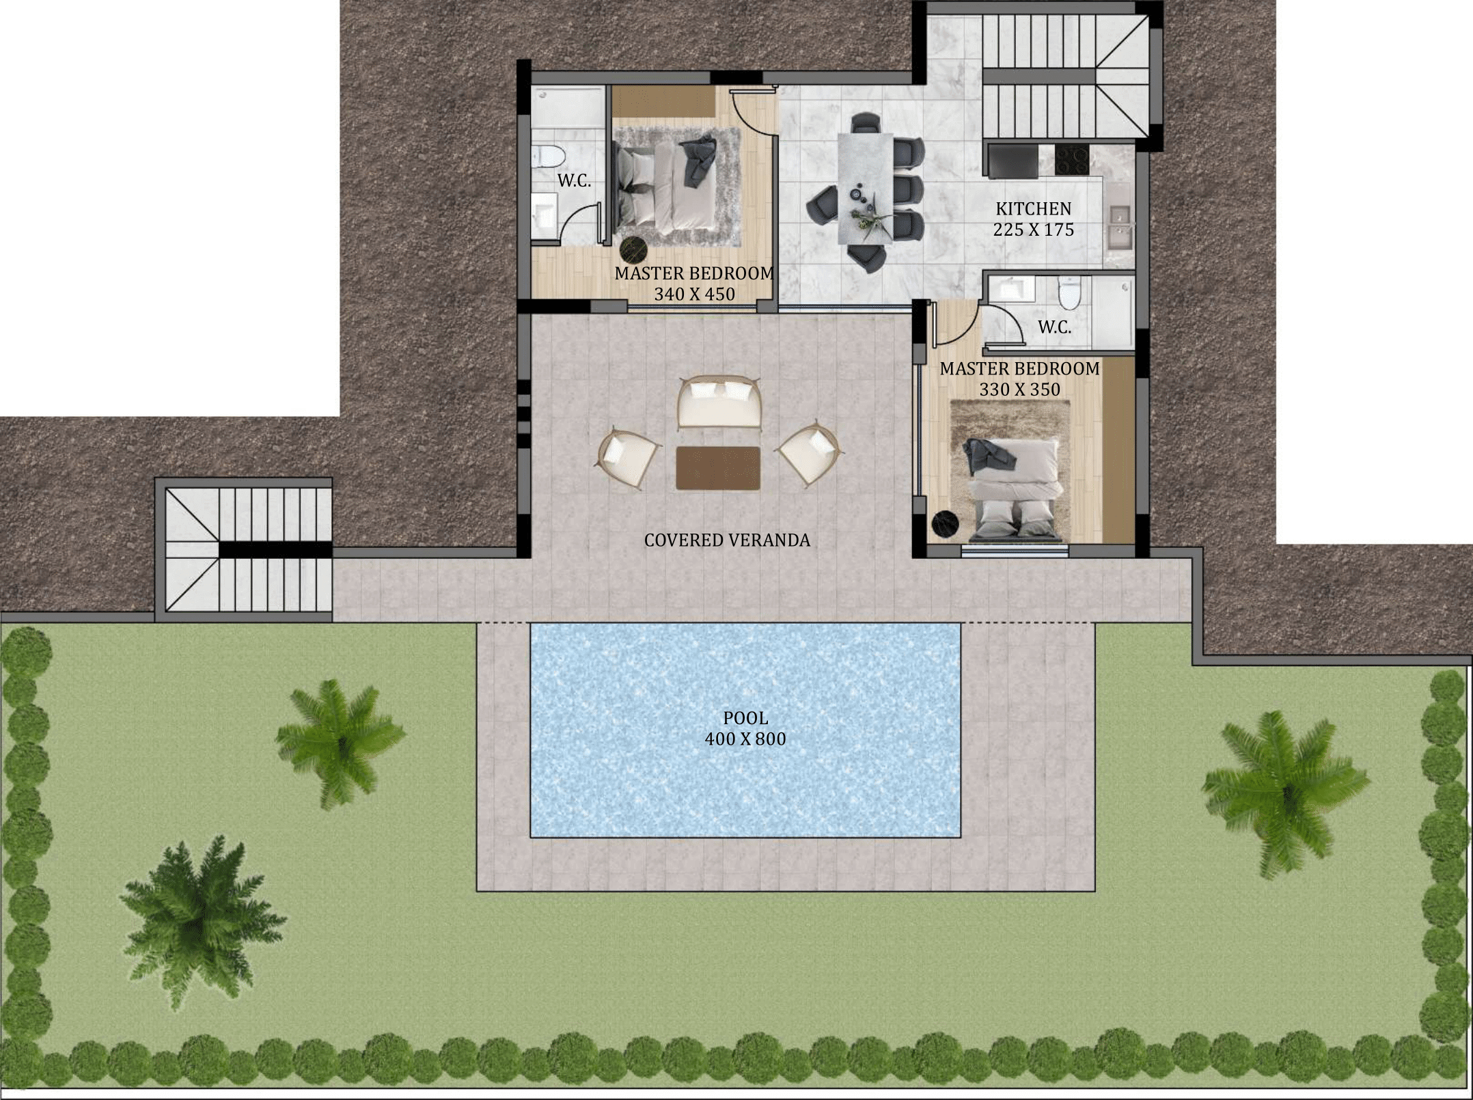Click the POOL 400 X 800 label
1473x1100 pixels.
745,728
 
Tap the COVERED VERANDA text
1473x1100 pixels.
727,540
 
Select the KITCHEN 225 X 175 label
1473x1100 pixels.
1034,219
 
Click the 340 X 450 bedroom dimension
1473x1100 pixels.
694,294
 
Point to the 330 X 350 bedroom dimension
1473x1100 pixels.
1019,389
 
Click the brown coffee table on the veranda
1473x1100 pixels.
718,468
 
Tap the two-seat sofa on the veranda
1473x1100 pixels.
719,402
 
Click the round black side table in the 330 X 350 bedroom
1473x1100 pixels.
946,525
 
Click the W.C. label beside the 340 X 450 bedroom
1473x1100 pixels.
574,181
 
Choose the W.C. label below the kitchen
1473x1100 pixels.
1055,327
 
